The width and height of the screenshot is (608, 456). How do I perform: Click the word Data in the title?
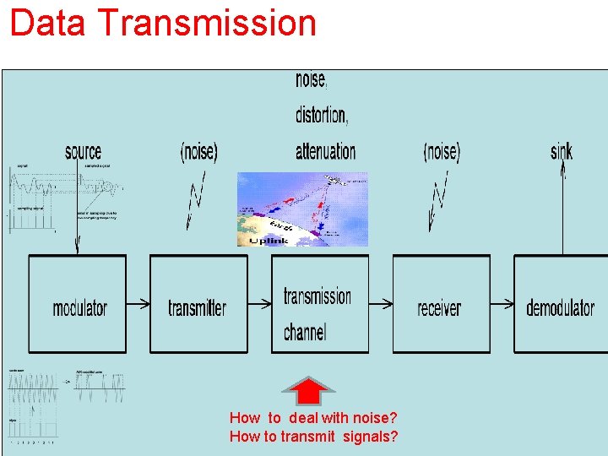point(47,23)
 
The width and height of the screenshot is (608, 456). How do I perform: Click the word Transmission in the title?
point(207,23)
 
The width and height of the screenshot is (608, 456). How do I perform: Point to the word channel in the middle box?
point(305,332)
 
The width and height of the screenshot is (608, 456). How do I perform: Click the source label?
point(83,152)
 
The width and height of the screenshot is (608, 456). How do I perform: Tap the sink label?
point(562,152)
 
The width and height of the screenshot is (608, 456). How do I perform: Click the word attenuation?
point(325,151)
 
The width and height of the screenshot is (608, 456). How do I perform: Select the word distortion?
point(321,114)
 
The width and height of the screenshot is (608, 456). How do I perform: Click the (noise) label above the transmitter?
point(199,152)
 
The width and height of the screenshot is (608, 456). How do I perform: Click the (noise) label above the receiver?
point(442,152)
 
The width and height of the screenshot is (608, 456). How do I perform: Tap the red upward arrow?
point(308,390)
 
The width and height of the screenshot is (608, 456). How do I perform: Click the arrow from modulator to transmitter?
point(138,303)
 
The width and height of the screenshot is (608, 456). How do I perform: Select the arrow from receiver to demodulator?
point(502,303)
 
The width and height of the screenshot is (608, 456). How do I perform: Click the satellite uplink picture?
point(302,209)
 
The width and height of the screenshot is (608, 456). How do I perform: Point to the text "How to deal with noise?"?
point(313,418)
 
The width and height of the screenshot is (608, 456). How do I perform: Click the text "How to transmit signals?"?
point(313,437)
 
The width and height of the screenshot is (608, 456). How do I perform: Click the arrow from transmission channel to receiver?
point(381,303)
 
